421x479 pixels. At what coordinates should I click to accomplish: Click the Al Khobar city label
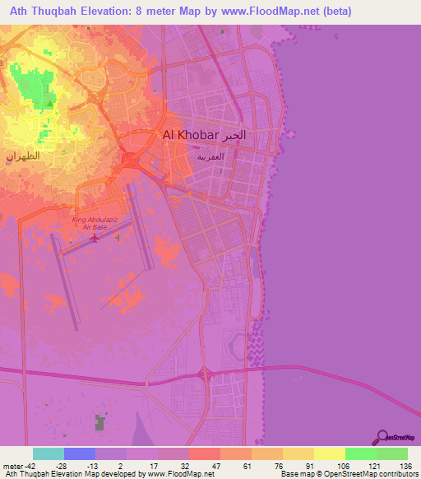tap(189, 135)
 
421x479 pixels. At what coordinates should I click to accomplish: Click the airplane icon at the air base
tap(95, 239)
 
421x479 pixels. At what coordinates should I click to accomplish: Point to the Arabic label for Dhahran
tap(22, 156)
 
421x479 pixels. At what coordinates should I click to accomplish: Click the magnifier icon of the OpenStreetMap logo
tap(382, 437)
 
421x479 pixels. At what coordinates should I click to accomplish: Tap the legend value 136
tap(404, 466)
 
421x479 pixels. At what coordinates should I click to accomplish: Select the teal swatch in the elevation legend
tap(48, 453)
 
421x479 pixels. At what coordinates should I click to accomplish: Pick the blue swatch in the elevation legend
tap(79, 453)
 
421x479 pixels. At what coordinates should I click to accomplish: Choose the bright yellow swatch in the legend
tap(329, 453)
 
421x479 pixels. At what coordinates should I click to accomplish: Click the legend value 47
tap(215, 466)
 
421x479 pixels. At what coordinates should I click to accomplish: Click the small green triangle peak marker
tap(52, 104)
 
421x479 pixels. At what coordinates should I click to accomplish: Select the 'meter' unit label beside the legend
tap(12, 466)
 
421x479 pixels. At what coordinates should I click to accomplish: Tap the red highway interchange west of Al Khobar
tap(130, 159)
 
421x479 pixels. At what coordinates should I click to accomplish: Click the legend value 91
tap(310, 466)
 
